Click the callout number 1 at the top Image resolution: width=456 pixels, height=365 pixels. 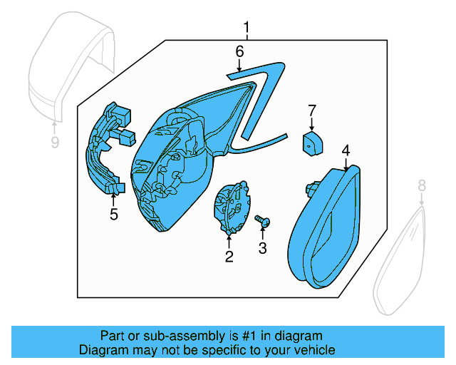(247, 29)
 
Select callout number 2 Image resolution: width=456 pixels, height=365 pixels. (229, 257)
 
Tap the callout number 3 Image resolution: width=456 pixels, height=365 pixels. (262, 247)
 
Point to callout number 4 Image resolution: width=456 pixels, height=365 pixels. (346, 150)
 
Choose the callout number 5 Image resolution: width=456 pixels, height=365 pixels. (113, 214)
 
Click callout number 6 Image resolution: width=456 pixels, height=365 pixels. (239, 51)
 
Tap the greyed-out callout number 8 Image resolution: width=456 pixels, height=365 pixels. (421, 186)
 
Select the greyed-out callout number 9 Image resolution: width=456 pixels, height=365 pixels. (55, 143)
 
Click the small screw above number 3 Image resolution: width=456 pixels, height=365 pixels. (262, 222)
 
